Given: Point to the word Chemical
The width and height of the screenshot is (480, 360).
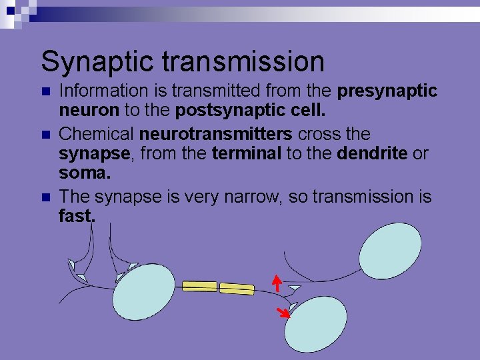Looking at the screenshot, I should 97,135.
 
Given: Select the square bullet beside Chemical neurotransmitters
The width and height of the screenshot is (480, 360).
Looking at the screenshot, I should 45,135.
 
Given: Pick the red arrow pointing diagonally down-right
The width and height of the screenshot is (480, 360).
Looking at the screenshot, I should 284,312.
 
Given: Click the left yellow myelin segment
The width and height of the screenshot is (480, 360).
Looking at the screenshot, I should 199,286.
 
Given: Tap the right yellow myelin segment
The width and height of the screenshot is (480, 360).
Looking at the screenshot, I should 237,289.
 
